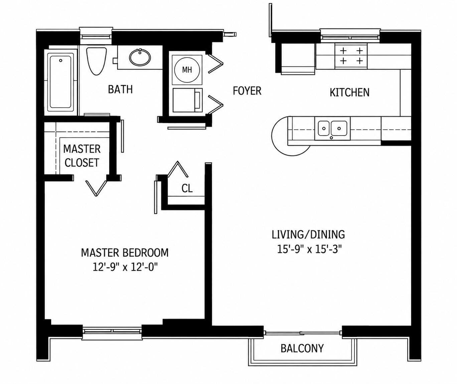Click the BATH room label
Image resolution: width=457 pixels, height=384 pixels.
coord(120,89)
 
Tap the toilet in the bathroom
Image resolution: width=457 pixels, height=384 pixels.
coord(97,61)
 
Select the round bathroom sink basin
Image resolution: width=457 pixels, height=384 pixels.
coord(140,57)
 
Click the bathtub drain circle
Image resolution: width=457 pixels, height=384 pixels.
coord(60,60)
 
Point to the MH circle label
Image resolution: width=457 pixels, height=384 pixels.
coord(187,70)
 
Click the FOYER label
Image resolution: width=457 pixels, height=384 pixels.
coord(247,90)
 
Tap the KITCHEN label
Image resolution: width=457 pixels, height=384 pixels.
coord(349,92)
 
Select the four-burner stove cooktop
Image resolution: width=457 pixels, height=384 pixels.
coord(351,56)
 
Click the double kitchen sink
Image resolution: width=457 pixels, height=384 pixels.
coord(332,129)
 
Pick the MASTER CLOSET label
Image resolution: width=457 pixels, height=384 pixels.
coord(82,156)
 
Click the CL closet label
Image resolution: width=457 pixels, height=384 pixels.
coord(187,188)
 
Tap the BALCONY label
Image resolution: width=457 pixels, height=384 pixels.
coord(302,348)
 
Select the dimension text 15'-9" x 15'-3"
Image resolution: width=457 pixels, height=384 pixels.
coord(309,249)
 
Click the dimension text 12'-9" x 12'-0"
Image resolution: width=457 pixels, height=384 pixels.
coord(125,267)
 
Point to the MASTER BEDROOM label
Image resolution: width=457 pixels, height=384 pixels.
coord(125,252)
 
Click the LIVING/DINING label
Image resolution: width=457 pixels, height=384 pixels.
coord(308,234)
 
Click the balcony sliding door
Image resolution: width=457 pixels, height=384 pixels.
coord(303,333)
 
